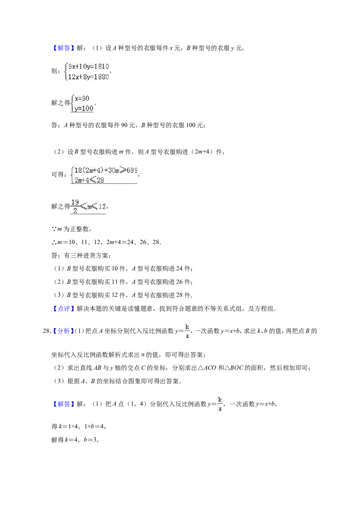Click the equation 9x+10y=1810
[88, 67]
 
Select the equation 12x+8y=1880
[88, 77]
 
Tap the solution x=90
[82, 98]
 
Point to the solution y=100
[84, 108]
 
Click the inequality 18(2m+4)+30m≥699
[106, 170]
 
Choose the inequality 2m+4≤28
[89, 180]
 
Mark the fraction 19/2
[75, 206]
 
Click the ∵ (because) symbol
[54, 229]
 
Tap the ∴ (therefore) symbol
[54, 242]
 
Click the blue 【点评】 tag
[64, 309]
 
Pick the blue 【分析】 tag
[64, 331]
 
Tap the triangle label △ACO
[207, 368]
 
